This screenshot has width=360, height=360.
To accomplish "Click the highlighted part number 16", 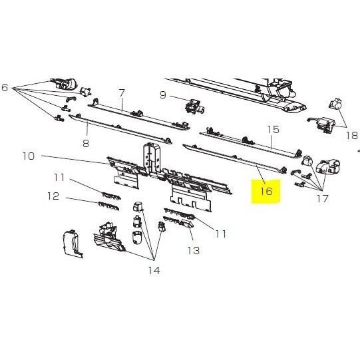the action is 266,191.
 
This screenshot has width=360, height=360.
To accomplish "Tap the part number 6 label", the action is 5,87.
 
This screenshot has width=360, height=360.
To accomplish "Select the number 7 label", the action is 122,92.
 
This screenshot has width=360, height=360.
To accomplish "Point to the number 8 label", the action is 86,144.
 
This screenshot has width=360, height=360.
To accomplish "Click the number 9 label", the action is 162,94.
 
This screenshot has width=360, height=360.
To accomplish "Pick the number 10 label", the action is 29,156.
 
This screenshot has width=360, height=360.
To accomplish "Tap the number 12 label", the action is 53,196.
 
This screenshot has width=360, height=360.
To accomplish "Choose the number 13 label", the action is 194,250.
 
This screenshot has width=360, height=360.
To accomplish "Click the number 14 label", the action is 154,271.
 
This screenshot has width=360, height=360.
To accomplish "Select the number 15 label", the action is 273,130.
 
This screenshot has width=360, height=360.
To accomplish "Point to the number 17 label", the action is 323,198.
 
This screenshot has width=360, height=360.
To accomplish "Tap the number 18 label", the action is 352,136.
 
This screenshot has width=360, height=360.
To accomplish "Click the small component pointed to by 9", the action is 195,106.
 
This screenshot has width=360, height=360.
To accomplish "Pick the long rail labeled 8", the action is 120,130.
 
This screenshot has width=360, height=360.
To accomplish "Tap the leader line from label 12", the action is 83,200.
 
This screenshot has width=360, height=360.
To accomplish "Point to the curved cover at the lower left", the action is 73,244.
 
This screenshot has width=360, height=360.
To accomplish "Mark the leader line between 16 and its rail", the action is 261,174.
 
